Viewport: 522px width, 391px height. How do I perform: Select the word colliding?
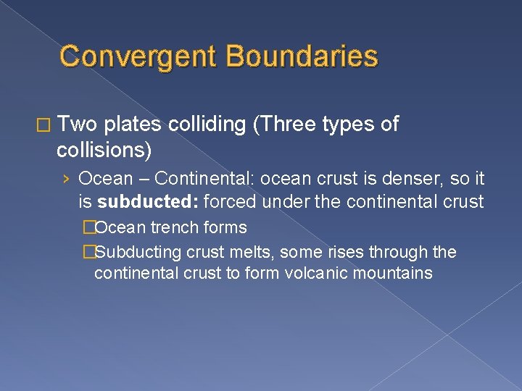[x=207, y=125]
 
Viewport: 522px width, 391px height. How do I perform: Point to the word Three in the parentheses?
[x=286, y=125]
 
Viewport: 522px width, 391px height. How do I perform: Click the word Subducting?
[x=138, y=252]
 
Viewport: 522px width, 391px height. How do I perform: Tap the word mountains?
[x=395, y=273]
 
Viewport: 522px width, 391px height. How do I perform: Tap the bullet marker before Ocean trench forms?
[x=88, y=227]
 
